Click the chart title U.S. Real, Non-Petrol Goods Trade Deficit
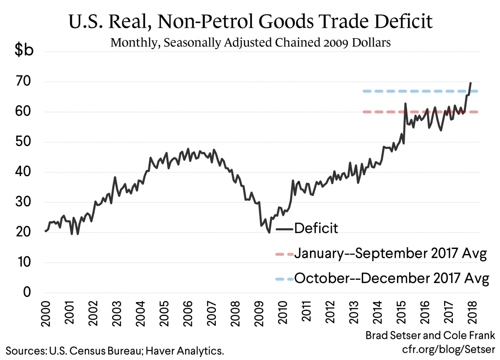point(250,21)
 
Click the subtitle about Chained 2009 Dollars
point(250,43)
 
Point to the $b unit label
point(24,49)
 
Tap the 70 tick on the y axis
point(23,81)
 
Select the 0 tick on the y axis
point(27,292)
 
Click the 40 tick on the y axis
point(23,172)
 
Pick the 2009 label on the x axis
point(259,313)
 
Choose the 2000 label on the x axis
point(45,313)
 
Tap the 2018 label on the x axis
point(472,313)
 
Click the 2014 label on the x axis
point(377,313)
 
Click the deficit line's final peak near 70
point(471,83)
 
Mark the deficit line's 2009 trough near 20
point(269,232)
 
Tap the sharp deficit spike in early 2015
point(405,104)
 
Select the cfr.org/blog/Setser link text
point(449,349)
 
